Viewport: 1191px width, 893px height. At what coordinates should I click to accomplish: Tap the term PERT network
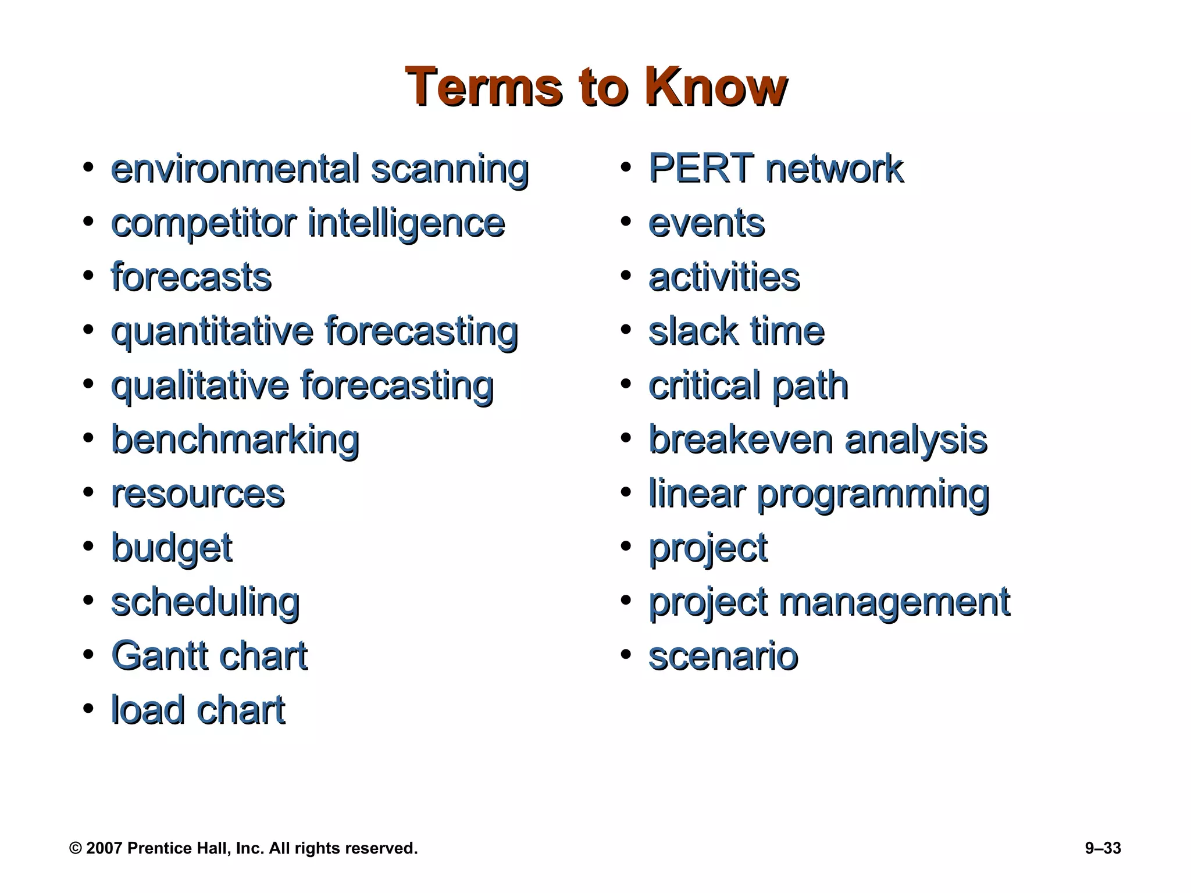[776, 169]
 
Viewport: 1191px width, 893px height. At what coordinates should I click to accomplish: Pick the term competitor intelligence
[308, 223]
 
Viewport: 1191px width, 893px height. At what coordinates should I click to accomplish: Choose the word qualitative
[199, 386]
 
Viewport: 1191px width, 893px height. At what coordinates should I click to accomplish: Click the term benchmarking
[235, 440]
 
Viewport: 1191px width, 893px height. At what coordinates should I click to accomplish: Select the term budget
[172, 548]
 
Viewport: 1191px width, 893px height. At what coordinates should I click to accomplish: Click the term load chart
[198, 710]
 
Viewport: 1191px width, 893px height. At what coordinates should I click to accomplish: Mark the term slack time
[736, 331]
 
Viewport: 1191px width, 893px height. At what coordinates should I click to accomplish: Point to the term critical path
[748, 386]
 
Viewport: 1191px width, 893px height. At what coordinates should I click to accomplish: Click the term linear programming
[818, 494]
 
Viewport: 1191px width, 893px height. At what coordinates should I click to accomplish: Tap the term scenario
[723, 656]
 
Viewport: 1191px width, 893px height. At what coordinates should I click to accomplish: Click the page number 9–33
[1103, 848]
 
